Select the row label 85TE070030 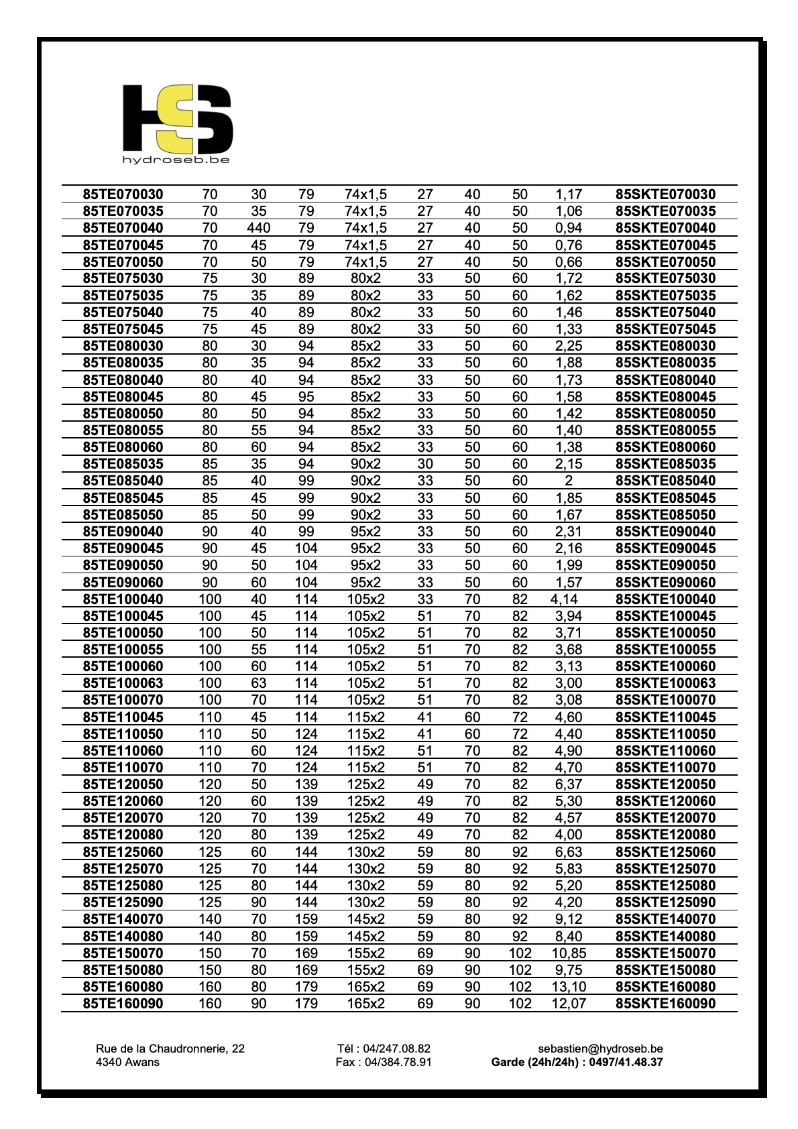pos(123,194)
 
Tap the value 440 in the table pos(258,228)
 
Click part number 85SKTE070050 pos(665,262)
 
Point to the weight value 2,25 pos(569,346)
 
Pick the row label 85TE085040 pos(123,481)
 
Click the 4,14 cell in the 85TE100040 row pos(564,599)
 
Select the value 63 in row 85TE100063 pos(258,683)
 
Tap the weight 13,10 pos(569,987)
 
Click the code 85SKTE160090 pos(665,1004)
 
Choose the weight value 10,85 pos(569,953)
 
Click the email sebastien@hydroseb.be pos(600,1049)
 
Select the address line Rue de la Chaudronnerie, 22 pos(170,1049)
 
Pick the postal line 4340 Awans pos(127,1062)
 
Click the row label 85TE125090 pos(123,902)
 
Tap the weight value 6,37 pos(569,784)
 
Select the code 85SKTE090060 pos(665,583)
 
